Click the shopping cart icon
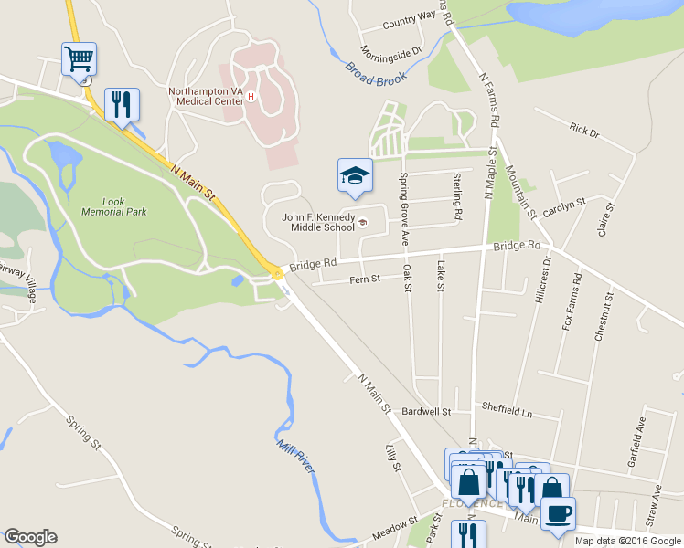tap(80, 60)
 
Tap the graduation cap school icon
tap(355, 175)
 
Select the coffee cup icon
tap(558, 512)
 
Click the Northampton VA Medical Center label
tap(206, 96)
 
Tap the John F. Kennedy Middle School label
tap(317, 222)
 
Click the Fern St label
tap(364, 279)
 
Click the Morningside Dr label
tap(390, 49)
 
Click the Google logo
tap(30, 537)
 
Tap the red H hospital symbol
tap(250, 95)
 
